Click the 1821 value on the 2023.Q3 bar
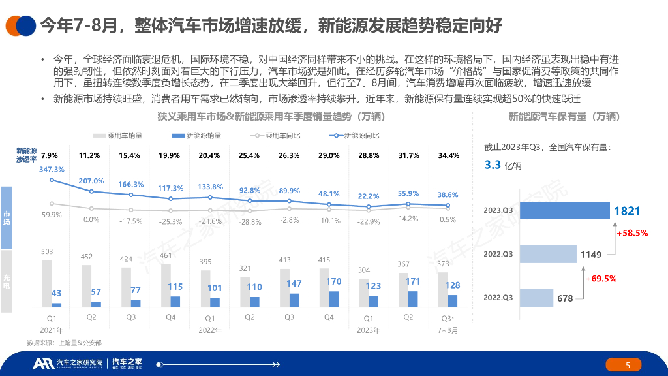627,211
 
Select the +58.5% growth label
632,233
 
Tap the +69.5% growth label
601,278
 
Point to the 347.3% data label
52,169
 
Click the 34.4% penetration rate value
448,155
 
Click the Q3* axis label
448,317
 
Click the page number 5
628,366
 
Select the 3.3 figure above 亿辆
493,165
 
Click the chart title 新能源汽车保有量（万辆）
563,117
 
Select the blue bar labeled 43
56,305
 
